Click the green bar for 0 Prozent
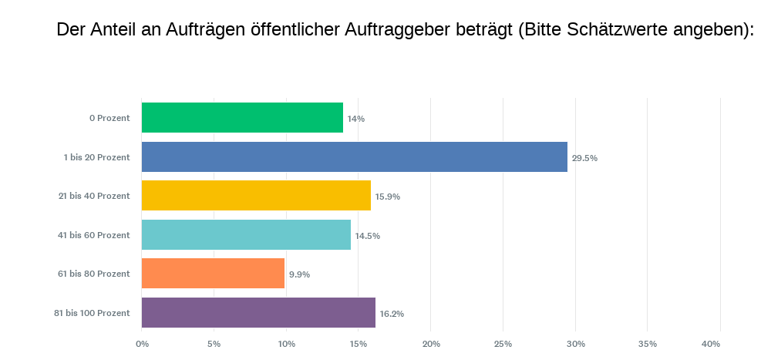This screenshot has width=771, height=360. click(242, 118)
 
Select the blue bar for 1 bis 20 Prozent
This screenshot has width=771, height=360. click(355, 157)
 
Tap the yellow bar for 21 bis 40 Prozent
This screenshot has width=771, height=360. click(256, 196)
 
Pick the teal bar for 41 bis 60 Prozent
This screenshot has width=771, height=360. click(246, 234)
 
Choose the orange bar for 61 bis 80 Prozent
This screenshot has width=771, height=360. click(213, 274)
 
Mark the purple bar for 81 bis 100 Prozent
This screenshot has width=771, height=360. click(258, 313)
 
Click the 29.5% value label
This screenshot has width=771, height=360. click(584, 158)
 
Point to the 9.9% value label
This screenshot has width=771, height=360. click(299, 274)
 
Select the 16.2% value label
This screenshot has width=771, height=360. click(390, 314)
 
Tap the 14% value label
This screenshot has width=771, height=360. click(355, 119)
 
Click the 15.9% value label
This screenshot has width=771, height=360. click(387, 197)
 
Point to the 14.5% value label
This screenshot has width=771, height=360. click(367, 235)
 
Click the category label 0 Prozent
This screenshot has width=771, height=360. click(109, 118)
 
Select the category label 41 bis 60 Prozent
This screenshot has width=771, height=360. click(94, 234)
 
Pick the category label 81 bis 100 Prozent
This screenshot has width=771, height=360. click(92, 313)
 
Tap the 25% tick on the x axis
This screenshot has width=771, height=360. click(503, 343)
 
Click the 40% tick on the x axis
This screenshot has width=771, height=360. click(711, 343)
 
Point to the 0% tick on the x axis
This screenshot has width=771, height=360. click(142, 343)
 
